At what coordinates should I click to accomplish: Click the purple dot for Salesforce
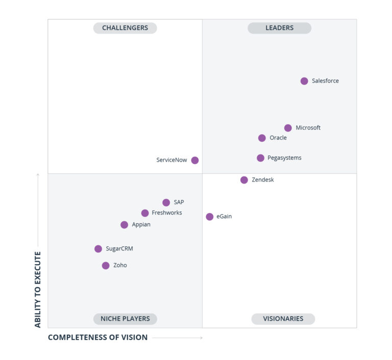pyautogui.click(x=304, y=81)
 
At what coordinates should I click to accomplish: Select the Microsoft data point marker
pyautogui.click(x=288, y=128)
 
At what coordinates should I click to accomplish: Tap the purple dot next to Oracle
pyautogui.click(x=262, y=138)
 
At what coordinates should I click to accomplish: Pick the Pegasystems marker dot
pyautogui.click(x=260, y=158)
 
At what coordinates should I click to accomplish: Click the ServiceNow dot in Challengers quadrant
pyautogui.click(x=195, y=160)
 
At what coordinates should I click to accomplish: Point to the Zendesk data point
pyautogui.click(x=244, y=180)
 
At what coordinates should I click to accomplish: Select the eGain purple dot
pyautogui.click(x=209, y=217)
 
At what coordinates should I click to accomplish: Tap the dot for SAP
pyautogui.click(x=166, y=202)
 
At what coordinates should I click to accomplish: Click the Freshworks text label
pyautogui.click(x=166, y=213)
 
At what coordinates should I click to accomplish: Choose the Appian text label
pyautogui.click(x=141, y=225)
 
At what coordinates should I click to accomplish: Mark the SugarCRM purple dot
pyautogui.click(x=98, y=249)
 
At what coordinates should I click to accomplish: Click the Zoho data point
pyautogui.click(x=106, y=266)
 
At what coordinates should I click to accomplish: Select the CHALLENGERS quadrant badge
pyautogui.click(x=125, y=28)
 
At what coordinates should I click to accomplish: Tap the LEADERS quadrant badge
pyautogui.click(x=279, y=28)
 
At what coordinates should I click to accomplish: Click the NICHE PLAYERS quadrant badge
pyautogui.click(x=125, y=319)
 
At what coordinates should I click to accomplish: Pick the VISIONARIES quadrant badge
pyautogui.click(x=283, y=319)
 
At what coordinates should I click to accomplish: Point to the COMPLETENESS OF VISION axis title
pyautogui.click(x=97, y=338)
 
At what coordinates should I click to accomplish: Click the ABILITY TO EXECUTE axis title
pyautogui.click(x=38, y=289)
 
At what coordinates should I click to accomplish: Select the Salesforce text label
pyautogui.click(x=325, y=81)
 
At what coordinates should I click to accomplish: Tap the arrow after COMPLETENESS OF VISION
pyautogui.click(x=178, y=338)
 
